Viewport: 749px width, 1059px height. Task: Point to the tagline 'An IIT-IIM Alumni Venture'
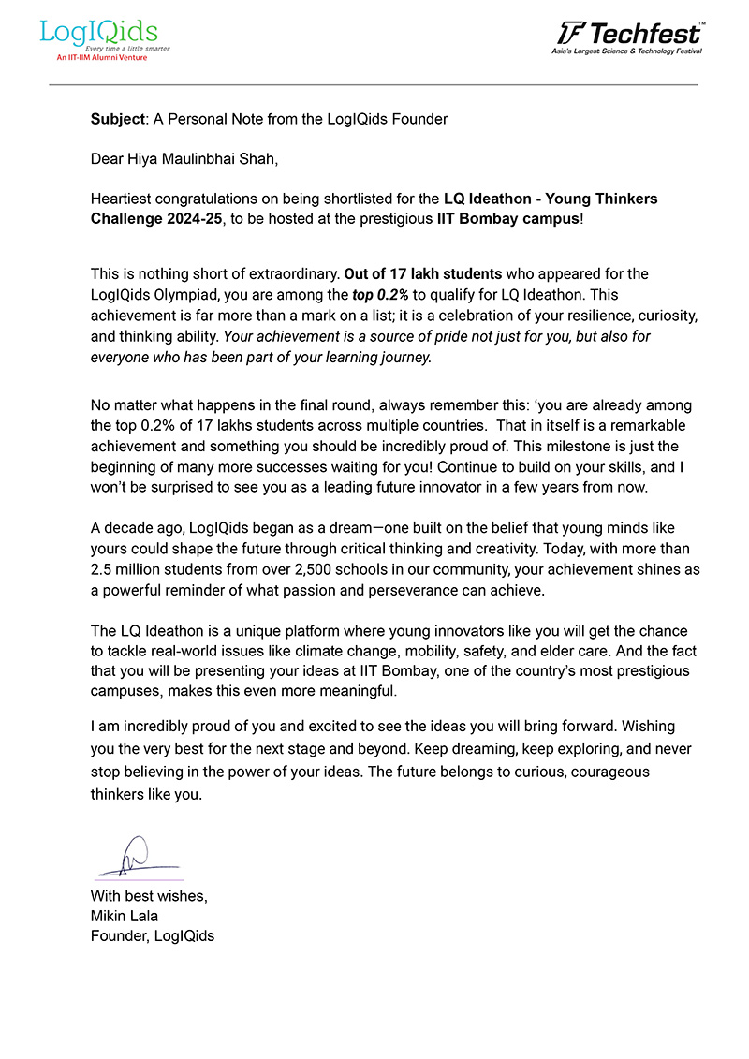click(94, 58)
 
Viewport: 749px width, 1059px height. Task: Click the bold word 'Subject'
click(113, 119)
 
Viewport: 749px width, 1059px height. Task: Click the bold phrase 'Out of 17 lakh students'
click(423, 274)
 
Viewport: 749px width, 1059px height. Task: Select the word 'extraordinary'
click(292, 274)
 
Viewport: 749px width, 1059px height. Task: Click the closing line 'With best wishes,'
click(149, 896)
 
